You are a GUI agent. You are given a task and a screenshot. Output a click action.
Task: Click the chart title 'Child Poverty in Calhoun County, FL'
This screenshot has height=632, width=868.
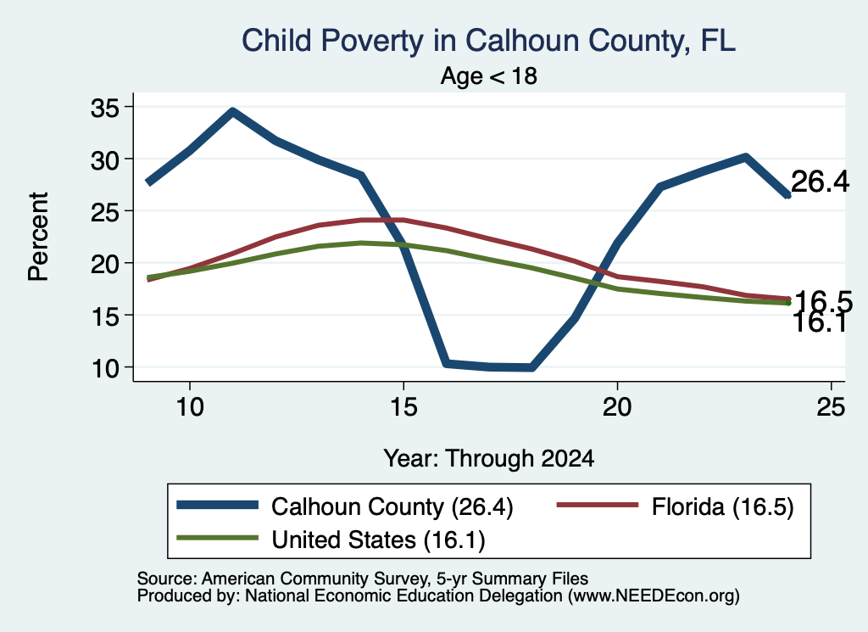tap(489, 41)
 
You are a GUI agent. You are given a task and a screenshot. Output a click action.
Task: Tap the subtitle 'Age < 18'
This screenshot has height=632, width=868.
tap(489, 76)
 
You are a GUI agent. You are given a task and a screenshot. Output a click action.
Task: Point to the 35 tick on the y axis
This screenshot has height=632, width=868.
tap(105, 108)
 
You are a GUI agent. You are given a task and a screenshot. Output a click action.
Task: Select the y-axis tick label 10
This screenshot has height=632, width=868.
tap(105, 368)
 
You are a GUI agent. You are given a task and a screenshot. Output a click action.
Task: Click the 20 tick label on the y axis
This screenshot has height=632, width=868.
tap(105, 264)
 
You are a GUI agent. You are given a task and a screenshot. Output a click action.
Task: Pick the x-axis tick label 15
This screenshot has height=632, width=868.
tap(403, 407)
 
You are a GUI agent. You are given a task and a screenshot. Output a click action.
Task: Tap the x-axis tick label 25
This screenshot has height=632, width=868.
tap(831, 407)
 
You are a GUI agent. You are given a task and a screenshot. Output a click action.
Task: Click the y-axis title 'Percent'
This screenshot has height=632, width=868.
tap(38, 237)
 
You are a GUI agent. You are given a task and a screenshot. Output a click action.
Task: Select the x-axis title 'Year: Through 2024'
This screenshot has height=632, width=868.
tap(489, 459)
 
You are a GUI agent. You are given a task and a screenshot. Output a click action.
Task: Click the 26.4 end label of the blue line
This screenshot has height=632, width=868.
tap(820, 182)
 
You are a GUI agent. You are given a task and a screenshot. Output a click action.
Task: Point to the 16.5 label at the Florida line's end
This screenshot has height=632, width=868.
tap(822, 301)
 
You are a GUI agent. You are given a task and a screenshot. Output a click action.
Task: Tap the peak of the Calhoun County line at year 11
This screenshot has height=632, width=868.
tap(233, 112)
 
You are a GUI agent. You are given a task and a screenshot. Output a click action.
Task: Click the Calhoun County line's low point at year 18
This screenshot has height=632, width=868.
tap(531, 367)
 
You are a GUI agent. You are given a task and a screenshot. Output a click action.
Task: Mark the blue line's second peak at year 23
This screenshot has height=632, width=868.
tap(746, 158)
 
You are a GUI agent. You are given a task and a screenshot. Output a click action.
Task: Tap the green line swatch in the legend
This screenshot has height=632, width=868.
tap(218, 538)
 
